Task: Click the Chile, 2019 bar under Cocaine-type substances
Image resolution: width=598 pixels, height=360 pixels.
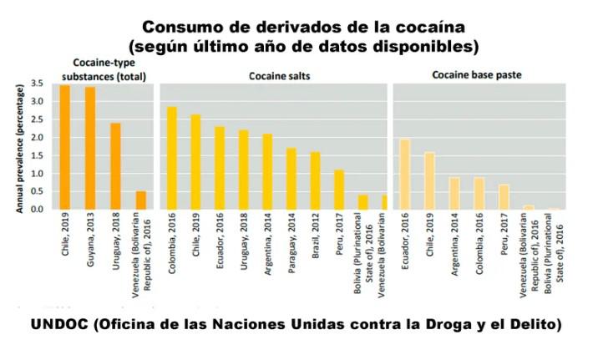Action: coord(64,147)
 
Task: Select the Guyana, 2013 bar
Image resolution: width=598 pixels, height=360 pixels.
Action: coord(89,148)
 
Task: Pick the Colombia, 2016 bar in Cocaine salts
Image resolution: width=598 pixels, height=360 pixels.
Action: coord(171,158)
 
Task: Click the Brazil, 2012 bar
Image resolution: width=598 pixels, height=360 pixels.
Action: coord(315,180)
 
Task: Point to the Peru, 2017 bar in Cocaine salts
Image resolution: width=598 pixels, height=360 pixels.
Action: coord(339,190)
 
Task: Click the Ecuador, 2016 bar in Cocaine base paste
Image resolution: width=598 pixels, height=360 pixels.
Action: coord(404,174)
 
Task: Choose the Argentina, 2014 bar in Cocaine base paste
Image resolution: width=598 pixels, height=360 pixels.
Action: coord(454,193)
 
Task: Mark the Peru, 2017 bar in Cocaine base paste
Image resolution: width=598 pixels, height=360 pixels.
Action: coord(504,196)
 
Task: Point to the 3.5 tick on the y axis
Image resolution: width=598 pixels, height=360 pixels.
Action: coord(36,84)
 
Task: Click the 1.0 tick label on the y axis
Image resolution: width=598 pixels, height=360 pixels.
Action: coord(36,174)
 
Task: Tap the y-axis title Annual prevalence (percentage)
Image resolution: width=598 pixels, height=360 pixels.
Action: coord(18,146)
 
